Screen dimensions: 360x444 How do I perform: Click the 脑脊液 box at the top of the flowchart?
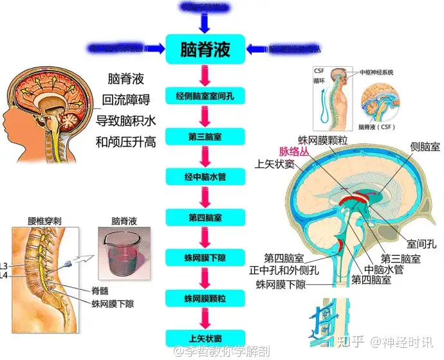(205, 50)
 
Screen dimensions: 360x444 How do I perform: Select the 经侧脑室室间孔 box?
(205, 97)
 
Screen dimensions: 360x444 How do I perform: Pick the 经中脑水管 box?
(205, 175)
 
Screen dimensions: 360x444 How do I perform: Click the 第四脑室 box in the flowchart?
(205, 217)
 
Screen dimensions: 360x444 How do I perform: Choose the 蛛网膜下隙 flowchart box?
(205, 257)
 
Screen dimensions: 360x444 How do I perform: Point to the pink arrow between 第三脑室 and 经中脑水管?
(205, 156)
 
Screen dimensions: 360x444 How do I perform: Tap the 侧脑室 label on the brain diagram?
(425, 147)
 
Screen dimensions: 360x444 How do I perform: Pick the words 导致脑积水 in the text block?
(126, 120)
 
